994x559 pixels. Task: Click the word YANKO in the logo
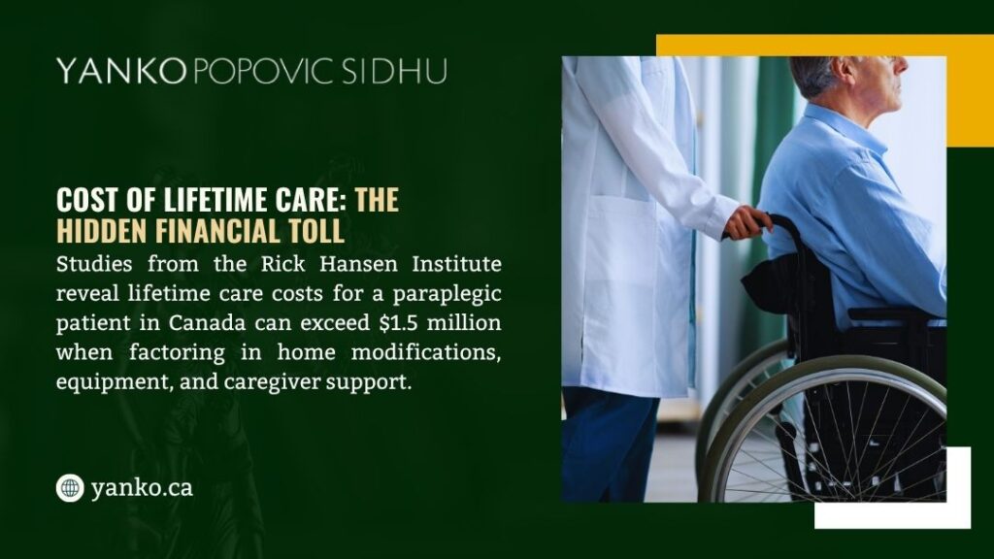click(120, 71)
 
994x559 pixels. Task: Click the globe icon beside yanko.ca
click(70, 487)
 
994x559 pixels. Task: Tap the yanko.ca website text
click(142, 487)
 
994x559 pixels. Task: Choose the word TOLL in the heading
click(315, 231)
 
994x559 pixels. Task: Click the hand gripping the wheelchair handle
click(748, 221)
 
